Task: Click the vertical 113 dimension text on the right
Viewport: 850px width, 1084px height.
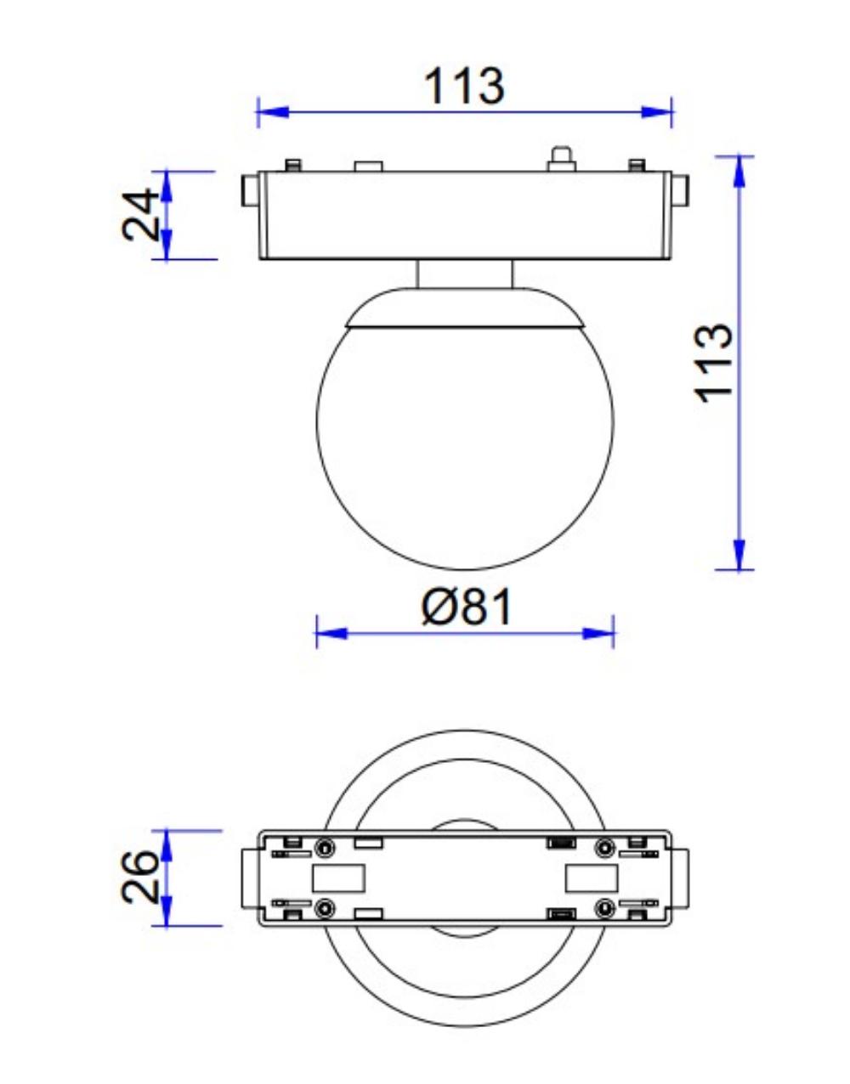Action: (x=713, y=361)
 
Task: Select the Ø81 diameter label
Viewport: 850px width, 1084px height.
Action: (x=467, y=607)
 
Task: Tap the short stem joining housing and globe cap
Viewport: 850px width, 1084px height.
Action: (x=465, y=274)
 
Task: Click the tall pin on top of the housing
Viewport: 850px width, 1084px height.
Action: (x=559, y=158)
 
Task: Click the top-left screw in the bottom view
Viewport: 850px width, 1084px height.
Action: (x=325, y=847)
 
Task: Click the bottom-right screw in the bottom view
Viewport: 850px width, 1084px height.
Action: (x=604, y=908)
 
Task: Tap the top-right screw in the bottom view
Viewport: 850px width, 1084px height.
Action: (x=604, y=847)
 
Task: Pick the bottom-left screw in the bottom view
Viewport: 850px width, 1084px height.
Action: (x=325, y=908)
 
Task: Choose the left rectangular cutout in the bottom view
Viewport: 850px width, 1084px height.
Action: (x=338, y=878)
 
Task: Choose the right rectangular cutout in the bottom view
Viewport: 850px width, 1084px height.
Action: (x=591, y=878)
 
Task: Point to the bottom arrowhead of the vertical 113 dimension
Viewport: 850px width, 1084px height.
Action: (x=739, y=555)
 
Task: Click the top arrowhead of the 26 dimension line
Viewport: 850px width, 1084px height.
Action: (x=167, y=844)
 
